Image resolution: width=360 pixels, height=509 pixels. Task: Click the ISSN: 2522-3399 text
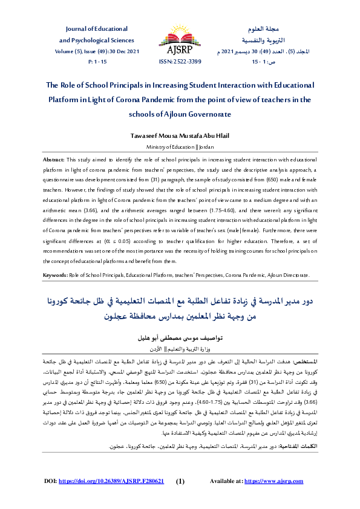[180, 62]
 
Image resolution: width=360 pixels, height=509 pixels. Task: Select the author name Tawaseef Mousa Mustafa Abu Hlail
[180, 136]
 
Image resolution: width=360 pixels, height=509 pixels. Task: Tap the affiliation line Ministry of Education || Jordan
[180, 147]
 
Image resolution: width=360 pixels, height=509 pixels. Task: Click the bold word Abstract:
[54, 158]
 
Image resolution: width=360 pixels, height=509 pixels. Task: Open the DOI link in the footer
[111, 482]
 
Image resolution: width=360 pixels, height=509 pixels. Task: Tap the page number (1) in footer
[180, 482]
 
